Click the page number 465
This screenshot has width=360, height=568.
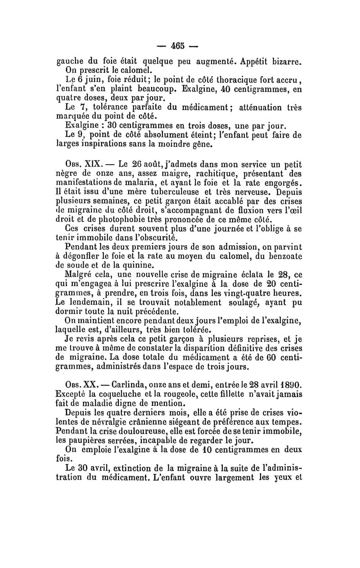180,46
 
